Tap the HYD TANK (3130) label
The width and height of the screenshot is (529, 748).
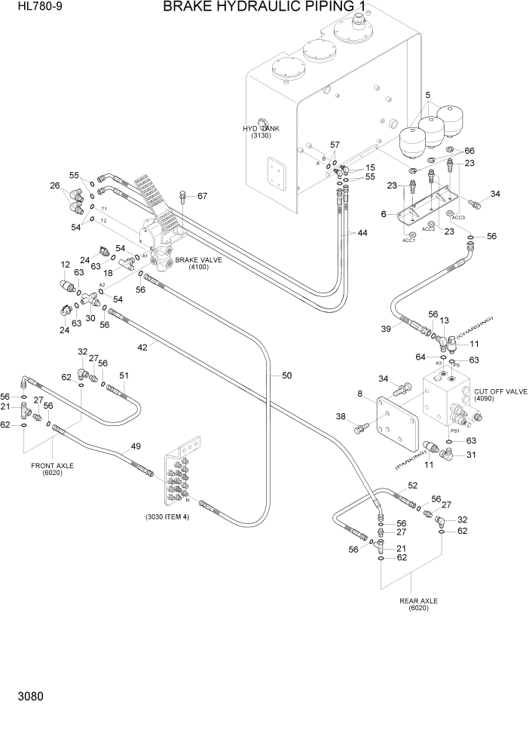point(261,133)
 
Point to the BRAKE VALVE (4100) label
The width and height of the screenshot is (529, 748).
point(198,263)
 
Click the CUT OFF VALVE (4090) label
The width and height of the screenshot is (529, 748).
point(500,396)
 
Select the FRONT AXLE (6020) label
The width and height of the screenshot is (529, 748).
point(52,470)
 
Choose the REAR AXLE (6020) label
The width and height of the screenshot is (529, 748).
point(418,605)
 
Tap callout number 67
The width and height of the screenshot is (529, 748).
point(202,197)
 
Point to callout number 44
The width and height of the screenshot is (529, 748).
point(362,233)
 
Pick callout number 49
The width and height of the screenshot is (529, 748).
point(136,446)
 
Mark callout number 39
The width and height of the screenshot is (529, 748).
point(385,330)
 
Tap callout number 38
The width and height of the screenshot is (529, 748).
point(341,416)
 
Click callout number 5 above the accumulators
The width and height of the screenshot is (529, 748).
point(427,95)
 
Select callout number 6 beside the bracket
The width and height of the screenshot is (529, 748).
point(384,214)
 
